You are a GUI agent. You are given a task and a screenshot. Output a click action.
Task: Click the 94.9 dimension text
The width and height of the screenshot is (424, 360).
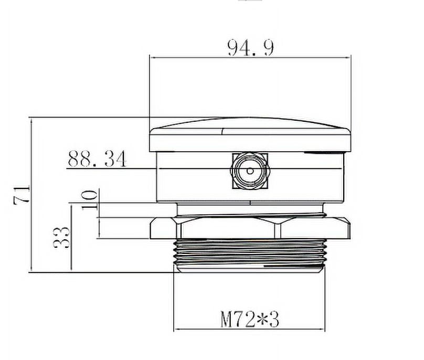[250, 48]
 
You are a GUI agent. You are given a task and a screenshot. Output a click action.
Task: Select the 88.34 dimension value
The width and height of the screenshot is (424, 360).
[97, 159]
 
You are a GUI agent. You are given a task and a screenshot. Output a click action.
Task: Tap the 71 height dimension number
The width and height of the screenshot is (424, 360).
[22, 195]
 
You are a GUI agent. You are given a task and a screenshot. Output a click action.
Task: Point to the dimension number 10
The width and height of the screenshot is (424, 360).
[90, 200]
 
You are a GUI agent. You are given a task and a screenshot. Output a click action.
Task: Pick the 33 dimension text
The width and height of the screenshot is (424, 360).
[61, 238]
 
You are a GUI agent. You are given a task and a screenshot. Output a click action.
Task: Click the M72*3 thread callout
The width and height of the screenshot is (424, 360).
[250, 320]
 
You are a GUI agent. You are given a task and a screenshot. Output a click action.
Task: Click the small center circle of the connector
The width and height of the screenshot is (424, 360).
[250, 171]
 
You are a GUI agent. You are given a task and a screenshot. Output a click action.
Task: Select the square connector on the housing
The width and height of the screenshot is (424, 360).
[250, 171]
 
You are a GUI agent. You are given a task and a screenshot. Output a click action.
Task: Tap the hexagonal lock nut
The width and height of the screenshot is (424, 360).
[250, 228]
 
